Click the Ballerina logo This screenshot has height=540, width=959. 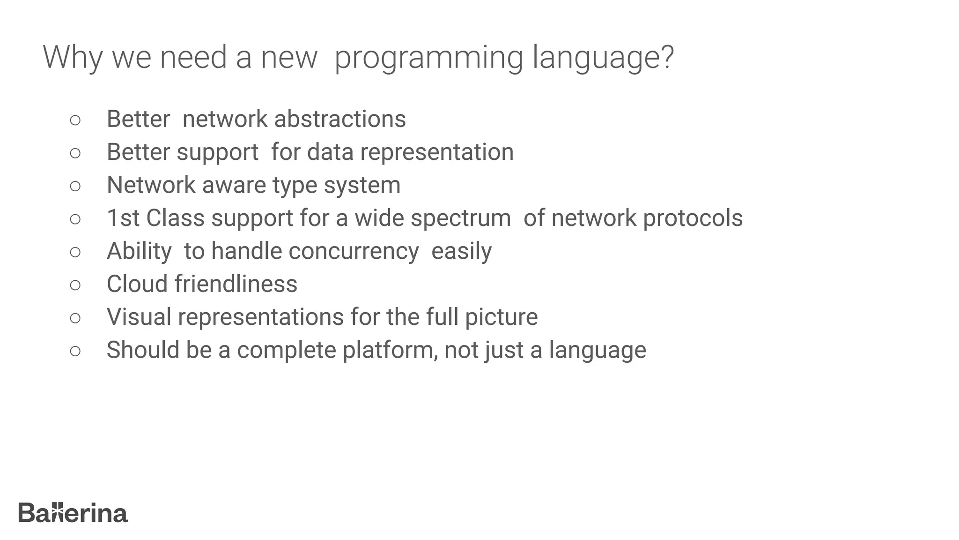point(73,513)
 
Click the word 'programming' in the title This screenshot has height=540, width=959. point(428,58)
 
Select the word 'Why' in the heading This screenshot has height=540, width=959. point(72,58)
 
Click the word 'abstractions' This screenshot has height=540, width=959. point(340,119)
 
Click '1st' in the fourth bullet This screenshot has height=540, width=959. point(123,218)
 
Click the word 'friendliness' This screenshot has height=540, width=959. point(236,284)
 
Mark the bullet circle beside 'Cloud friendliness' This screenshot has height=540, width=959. point(75,285)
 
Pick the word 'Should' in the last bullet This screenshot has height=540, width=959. point(143,350)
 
